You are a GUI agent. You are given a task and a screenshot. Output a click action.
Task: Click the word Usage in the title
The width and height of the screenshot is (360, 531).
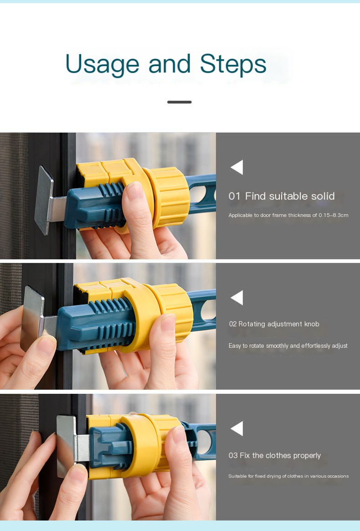pyautogui.click(x=102, y=65)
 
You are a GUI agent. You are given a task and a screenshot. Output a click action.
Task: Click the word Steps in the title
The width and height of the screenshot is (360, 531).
pyautogui.click(x=233, y=64)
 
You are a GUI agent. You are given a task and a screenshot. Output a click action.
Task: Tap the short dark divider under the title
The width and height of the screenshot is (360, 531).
pyautogui.click(x=180, y=102)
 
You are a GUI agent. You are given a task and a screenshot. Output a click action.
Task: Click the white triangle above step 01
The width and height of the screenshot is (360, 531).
pyautogui.click(x=237, y=167)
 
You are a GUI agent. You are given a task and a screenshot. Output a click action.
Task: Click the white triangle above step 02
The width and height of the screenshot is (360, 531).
pyautogui.click(x=237, y=298)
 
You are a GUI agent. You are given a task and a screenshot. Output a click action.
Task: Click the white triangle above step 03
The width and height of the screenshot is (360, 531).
pyautogui.click(x=237, y=428)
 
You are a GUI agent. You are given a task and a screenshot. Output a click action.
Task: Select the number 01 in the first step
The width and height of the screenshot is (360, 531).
pyautogui.click(x=234, y=196)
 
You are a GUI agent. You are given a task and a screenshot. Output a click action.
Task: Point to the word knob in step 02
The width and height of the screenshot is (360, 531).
pyautogui.click(x=312, y=324)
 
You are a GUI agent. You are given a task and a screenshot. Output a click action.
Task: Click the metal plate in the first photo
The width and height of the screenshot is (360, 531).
pyautogui.click(x=44, y=200)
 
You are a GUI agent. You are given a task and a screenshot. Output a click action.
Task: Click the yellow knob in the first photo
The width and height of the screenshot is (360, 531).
pyautogui.click(x=168, y=196)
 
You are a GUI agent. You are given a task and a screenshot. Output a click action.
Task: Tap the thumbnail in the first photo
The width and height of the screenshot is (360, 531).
pyautogui.click(x=135, y=191)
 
